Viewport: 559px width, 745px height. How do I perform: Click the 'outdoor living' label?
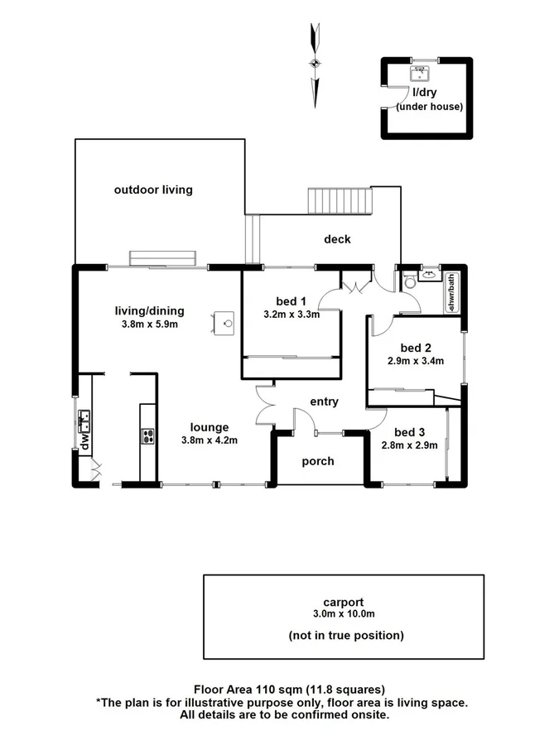(x=153, y=190)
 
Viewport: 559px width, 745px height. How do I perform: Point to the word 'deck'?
(x=337, y=239)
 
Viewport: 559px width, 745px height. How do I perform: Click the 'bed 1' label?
(x=291, y=300)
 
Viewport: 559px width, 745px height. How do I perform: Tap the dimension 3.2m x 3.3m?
(x=292, y=315)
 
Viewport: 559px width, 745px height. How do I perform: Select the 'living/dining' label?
(x=149, y=311)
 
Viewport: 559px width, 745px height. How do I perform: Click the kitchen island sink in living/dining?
(x=224, y=320)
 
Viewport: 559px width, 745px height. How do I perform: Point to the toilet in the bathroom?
(x=409, y=281)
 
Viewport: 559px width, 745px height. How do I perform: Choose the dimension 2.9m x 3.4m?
(x=416, y=361)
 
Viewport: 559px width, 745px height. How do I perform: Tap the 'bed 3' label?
(x=409, y=432)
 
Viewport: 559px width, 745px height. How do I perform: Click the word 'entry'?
(x=324, y=401)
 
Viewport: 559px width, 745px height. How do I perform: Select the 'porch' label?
(x=318, y=461)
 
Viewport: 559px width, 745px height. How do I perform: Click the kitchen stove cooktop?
(x=148, y=436)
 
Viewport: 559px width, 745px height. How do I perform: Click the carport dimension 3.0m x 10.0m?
(x=344, y=614)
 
